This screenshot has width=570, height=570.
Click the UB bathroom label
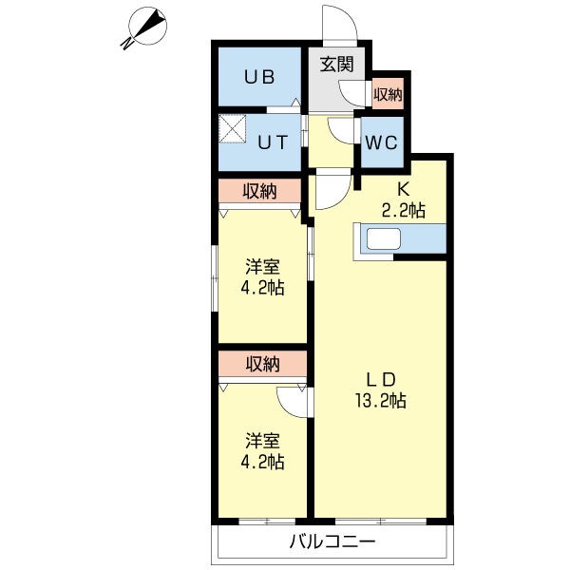click(x=261, y=78)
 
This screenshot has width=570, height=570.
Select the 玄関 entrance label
click(x=336, y=66)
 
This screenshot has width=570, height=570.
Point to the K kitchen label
click(x=403, y=189)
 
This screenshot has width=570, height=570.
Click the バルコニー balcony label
click(x=332, y=542)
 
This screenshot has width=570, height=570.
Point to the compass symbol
click(x=145, y=27)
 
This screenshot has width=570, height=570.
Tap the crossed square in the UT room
click(x=232, y=128)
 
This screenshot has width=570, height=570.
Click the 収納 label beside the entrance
click(x=387, y=94)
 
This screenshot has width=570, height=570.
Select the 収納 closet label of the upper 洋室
click(x=259, y=192)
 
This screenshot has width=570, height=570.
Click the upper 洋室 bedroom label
click(x=263, y=267)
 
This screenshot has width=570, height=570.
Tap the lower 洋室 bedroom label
click(x=263, y=441)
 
